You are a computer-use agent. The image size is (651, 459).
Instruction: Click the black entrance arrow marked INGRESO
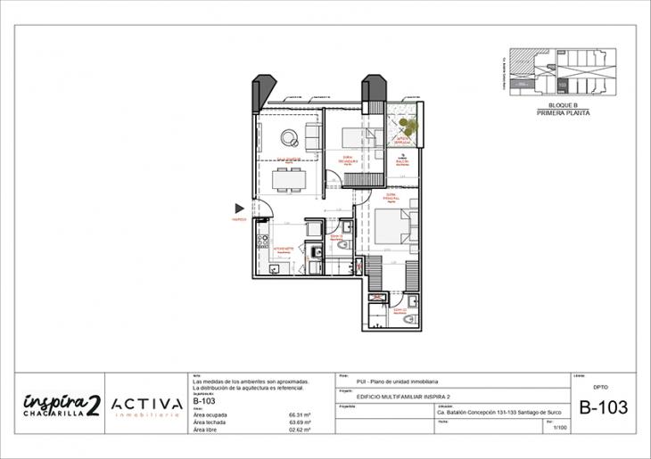tap(239, 208)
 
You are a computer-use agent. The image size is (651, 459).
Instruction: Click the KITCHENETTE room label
tap(284, 250)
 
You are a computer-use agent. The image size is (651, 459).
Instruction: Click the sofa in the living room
tap(313, 136)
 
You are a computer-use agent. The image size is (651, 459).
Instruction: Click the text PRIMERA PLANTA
tap(563, 113)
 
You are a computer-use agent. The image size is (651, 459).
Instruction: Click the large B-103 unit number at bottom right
tap(603, 408)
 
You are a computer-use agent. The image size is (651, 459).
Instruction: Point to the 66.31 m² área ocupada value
tap(299, 415)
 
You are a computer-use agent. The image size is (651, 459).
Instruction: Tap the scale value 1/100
tap(560, 429)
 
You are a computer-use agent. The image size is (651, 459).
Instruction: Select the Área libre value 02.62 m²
tap(299, 430)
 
